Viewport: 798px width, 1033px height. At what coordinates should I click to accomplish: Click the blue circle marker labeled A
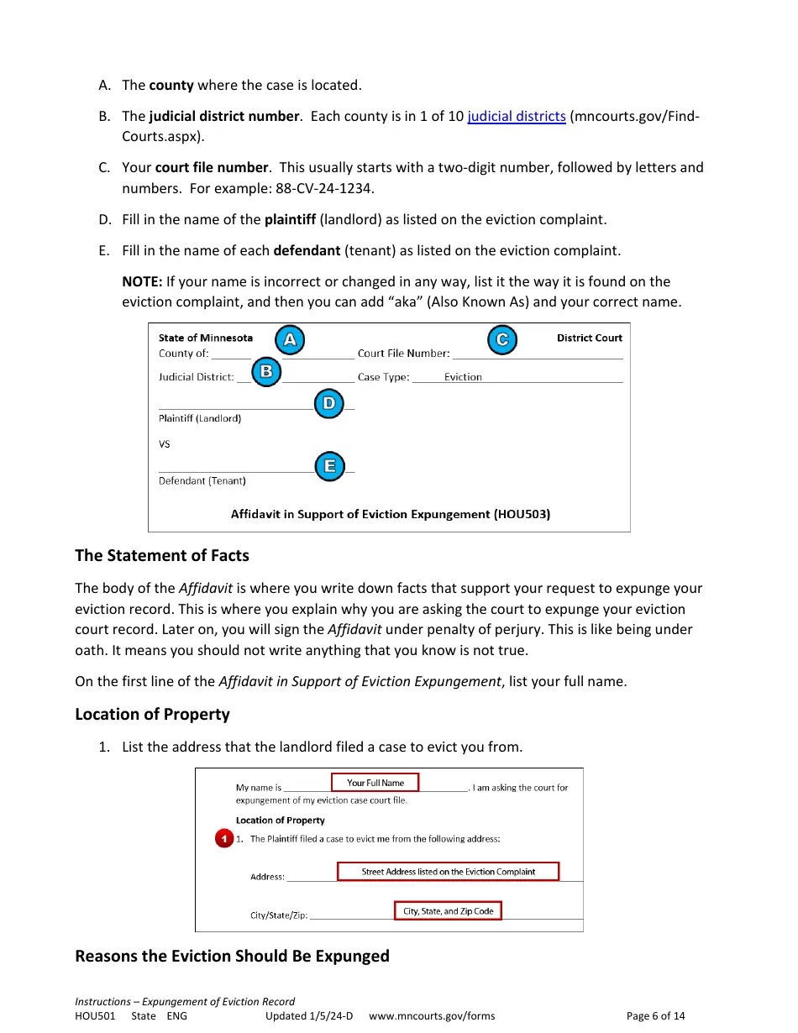pos(290,339)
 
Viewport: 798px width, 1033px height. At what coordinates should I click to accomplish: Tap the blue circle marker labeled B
pos(266,371)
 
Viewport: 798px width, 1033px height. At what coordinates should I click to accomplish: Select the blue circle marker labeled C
pos(502,339)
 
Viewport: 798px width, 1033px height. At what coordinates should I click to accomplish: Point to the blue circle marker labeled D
pos(329,403)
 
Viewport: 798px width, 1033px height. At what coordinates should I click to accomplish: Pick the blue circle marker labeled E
pos(330,466)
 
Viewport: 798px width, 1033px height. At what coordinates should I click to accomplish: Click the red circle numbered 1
pos(223,839)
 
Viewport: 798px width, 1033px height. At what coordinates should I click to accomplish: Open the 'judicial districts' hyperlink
pos(517,116)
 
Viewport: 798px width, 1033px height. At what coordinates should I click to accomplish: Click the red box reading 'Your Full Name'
pos(375,783)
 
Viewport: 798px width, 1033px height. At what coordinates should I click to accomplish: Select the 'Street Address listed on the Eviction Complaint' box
pos(448,872)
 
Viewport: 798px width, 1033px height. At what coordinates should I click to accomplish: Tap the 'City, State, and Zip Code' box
pos(448,911)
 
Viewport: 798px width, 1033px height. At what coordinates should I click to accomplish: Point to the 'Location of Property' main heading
pos(152,714)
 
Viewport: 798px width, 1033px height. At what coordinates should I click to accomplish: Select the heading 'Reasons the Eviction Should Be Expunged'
pos(232,956)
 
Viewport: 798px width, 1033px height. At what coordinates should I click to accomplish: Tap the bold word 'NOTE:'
pos(142,281)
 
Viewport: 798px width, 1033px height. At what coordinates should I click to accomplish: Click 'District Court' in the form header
pos(589,338)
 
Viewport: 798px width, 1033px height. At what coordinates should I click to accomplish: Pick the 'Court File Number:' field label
pos(403,354)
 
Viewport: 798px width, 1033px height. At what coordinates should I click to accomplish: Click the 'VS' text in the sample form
pos(164,443)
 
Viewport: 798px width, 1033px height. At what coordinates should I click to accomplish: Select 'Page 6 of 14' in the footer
pos(655,1015)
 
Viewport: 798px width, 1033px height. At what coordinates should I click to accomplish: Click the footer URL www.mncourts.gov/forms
pos(432,1015)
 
